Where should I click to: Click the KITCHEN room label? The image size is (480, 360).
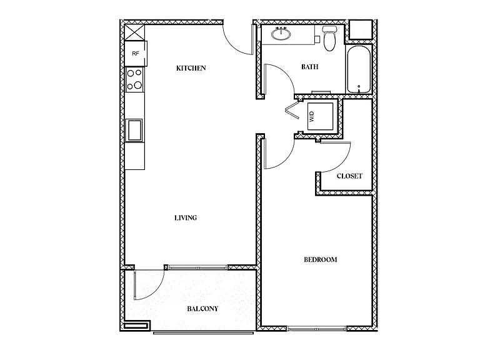191,68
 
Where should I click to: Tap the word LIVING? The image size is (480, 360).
186,217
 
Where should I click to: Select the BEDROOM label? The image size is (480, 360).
320,259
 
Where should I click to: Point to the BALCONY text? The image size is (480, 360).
202,309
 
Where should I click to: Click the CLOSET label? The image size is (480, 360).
349,176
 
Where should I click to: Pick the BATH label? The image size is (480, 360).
309,67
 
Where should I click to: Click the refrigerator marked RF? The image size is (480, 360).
136,54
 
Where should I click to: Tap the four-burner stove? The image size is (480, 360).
135,79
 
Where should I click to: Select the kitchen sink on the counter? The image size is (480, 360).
134,130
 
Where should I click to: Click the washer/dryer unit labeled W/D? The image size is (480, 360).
320,116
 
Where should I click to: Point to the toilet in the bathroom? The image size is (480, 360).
329,38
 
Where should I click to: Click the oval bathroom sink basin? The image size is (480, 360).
281,34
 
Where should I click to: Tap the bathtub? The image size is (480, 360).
359,69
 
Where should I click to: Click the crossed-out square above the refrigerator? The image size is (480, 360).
135,32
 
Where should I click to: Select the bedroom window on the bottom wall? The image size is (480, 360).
316,329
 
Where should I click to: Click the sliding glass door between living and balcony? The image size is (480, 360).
197,267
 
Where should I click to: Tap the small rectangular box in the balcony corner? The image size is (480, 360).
137,325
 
